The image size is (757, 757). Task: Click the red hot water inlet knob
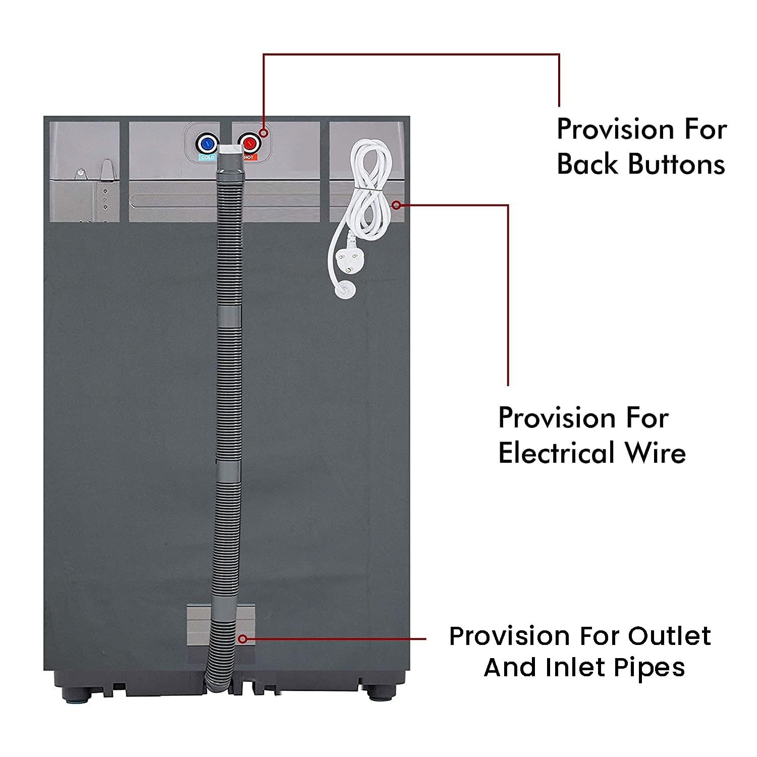pyautogui.click(x=248, y=143)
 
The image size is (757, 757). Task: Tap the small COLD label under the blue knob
pyautogui.click(x=207, y=157)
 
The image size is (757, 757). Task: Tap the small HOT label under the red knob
pyautogui.click(x=248, y=157)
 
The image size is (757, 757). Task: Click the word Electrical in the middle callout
pyautogui.click(x=557, y=452)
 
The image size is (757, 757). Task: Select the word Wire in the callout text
pyautogui.click(x=656, y=452)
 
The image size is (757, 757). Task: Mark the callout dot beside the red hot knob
pyautogui.click(x=263, y=133)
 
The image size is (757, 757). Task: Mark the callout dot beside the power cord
pyautogui.click(x=397, y=205)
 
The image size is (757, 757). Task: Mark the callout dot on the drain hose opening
pyautogui.click(x=243, y=639)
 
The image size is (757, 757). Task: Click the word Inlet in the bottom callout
pyautogui.click(x=570, y=668)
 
